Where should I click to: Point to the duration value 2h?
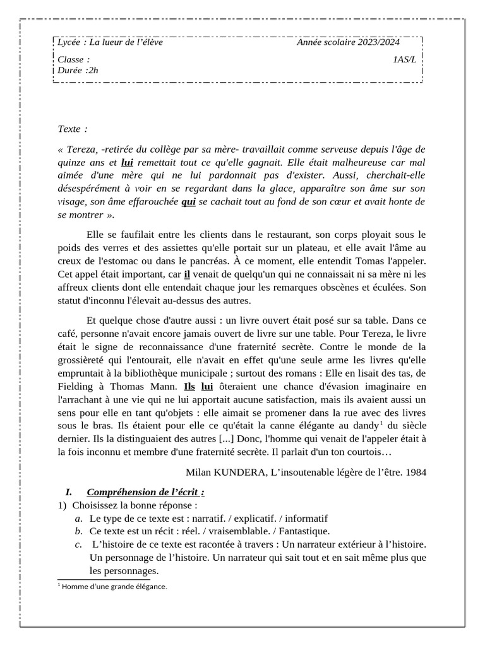click(93, 70)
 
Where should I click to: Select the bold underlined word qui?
click(188, 202)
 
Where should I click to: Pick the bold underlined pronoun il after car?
click(187, 274)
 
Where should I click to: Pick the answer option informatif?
click(306, 519)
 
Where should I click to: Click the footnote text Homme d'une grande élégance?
click(114, 586)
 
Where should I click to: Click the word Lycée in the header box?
click(68, 42)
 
